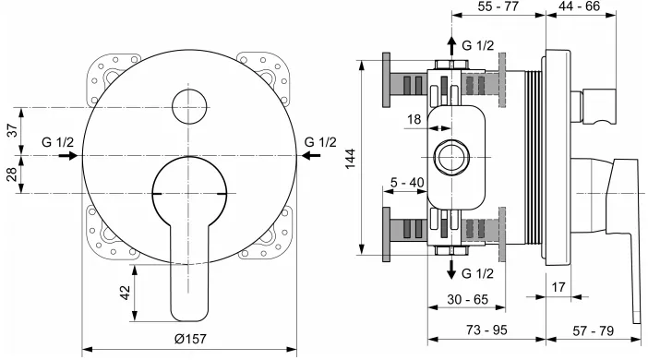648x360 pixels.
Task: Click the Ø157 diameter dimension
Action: coord(190,338)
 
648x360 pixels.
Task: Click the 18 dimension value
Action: coord(414,119)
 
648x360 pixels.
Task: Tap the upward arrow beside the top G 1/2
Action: coord(451,47)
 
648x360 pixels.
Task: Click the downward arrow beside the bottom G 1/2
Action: coord(451,270)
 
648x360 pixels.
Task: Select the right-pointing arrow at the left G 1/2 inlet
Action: coord(66,156)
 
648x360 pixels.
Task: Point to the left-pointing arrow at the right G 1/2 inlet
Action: coord(313,156)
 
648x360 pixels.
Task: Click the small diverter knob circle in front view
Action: coord(190,106)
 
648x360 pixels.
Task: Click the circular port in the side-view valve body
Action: coord(451,156)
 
